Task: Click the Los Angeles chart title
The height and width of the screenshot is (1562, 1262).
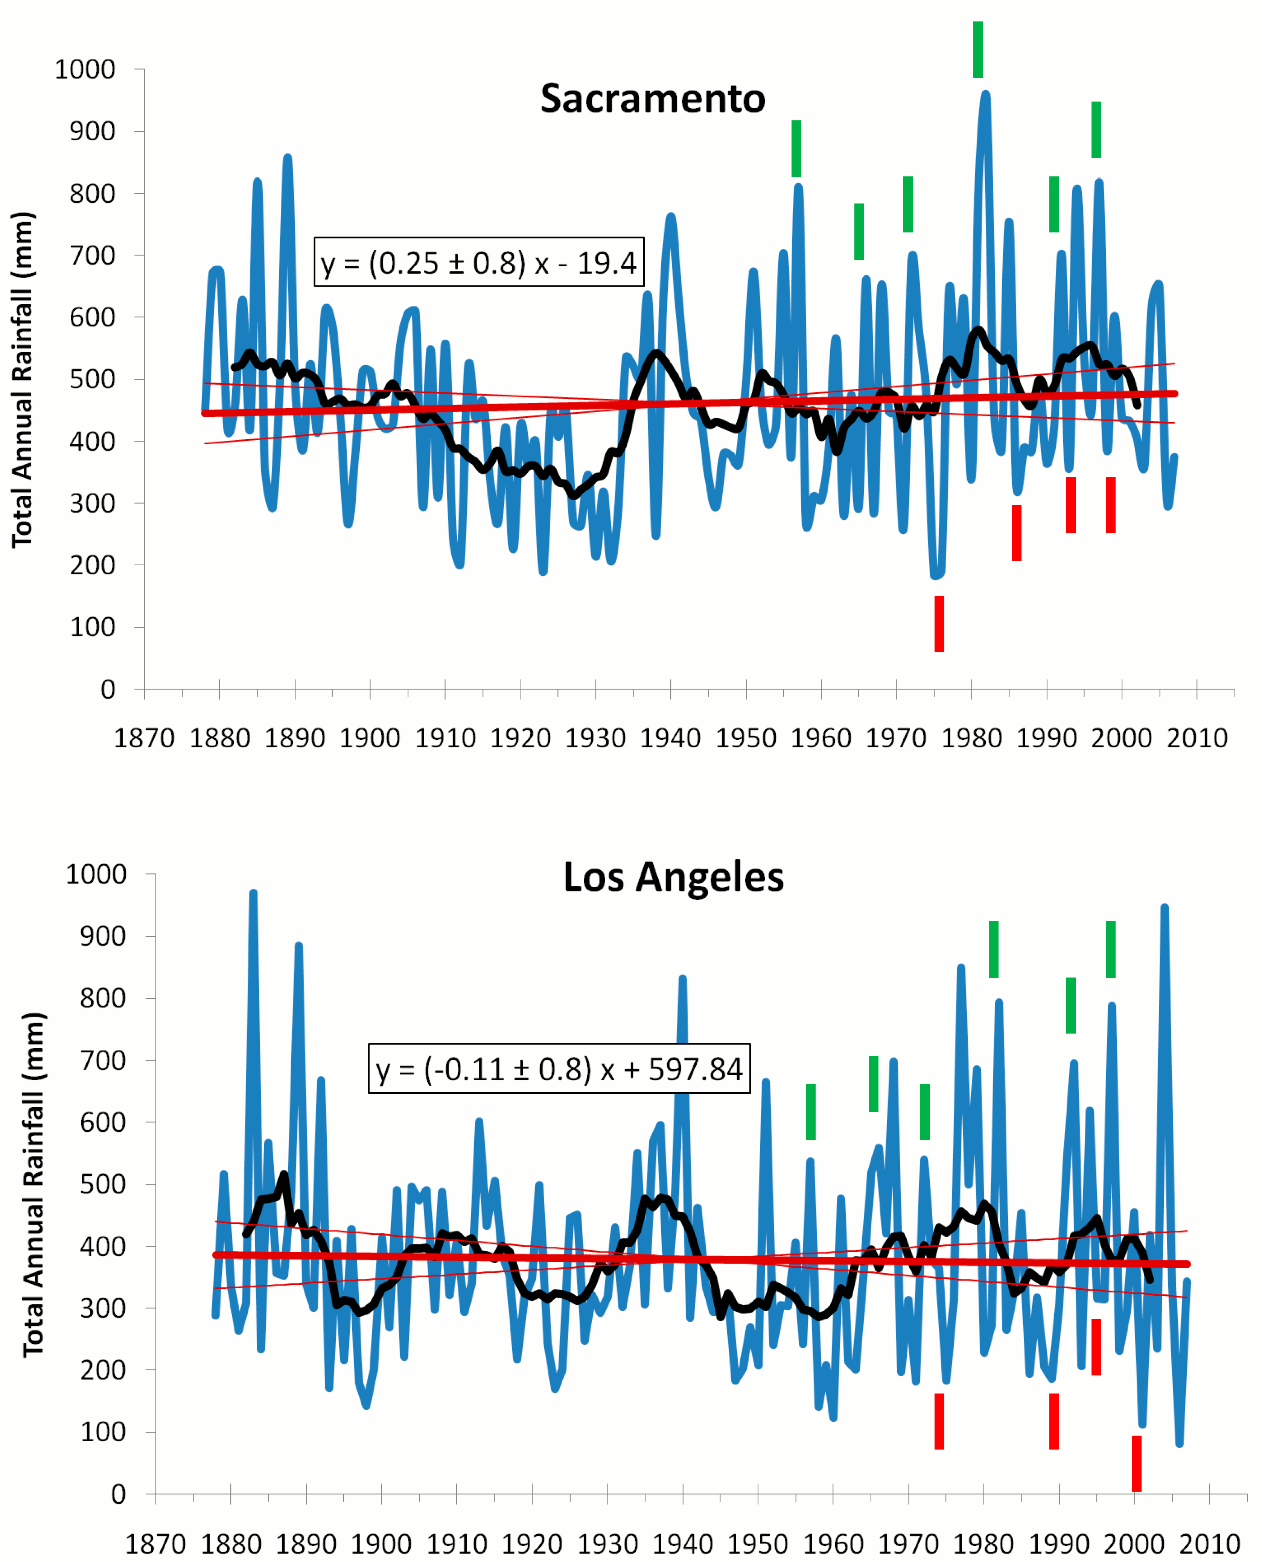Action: point(673,877)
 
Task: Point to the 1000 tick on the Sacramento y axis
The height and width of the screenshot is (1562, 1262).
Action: point(85,70)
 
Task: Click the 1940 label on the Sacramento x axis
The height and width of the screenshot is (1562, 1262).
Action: point(670,738)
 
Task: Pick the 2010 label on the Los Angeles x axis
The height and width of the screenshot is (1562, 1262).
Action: point(1209,1544)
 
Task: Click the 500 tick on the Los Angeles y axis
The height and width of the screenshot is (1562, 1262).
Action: point(96,1184)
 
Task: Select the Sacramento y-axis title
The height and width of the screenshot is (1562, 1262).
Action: point(23,379)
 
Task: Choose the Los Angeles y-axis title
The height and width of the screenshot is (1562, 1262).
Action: point(33,1184)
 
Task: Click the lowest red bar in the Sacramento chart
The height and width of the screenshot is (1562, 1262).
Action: point(939,624)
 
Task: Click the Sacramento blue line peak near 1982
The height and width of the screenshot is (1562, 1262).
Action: point(986,94)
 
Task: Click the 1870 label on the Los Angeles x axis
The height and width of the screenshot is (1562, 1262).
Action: point(155,1544)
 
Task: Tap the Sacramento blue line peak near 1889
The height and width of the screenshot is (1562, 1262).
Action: point(288,158)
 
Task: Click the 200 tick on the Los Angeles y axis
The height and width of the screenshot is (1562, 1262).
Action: point(96,1370)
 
